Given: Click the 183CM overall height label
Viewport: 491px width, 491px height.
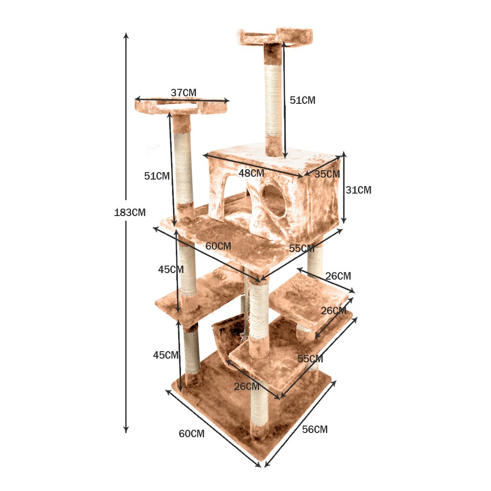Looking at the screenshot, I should coord(130,212).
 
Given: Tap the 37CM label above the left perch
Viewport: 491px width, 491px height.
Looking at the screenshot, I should coord(183,93).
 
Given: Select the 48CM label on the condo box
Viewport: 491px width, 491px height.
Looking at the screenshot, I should coord(251,173).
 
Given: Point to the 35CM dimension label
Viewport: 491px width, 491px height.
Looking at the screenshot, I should coord(327,174).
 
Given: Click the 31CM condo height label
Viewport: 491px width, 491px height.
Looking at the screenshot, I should coord(358,190).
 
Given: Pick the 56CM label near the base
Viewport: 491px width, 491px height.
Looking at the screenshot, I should coord(315,429).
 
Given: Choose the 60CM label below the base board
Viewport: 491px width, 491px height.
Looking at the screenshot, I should coord(191,433).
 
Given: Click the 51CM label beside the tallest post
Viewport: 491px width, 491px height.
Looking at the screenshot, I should coord(303,100).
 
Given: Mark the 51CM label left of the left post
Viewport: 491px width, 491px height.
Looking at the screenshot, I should coord(157,176).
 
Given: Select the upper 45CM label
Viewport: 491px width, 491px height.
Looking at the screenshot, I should coord(171,269).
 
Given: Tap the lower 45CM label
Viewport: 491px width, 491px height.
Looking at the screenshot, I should coord(166,355).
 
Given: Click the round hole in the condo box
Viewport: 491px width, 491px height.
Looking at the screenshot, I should coord(274,200).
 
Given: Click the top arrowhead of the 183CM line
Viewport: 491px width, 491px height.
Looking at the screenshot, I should coord(125,36).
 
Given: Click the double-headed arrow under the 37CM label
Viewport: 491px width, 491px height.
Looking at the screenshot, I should coord(182,100).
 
